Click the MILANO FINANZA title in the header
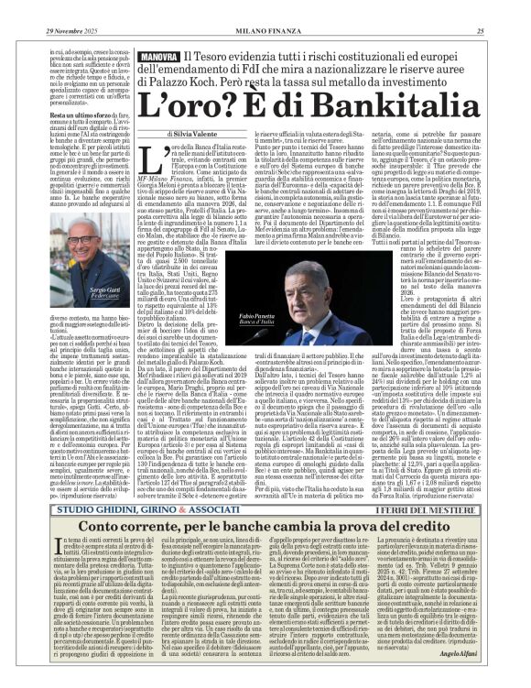(265, 8)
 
